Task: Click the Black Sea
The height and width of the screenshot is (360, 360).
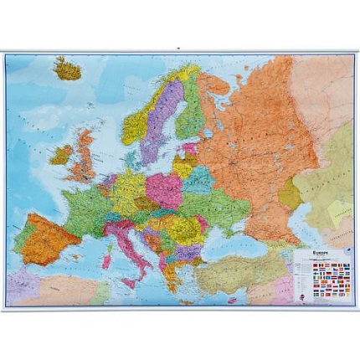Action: click(x=234, y=234)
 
